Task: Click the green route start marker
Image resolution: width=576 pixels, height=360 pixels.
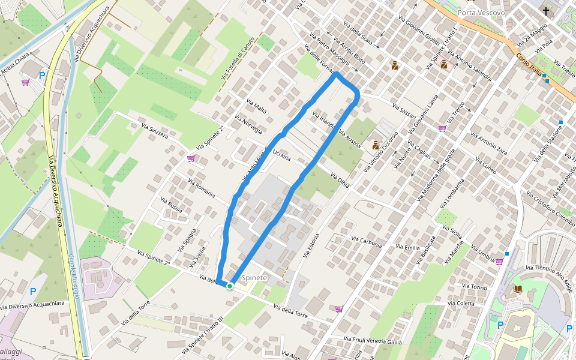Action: [x=230, y=286]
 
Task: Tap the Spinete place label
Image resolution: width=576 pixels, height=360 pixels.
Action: [x=254, y=278]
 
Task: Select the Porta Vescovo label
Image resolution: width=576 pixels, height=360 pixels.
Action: [x=481, y=13]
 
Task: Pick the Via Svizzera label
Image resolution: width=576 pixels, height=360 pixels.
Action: [x=155, y=131]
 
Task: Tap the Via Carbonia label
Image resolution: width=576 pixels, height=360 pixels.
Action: [x=367, y=241]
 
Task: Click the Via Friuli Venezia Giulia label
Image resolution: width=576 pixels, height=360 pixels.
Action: [x=373, y=341]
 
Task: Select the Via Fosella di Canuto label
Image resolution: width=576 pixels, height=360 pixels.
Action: [x=238, y=59]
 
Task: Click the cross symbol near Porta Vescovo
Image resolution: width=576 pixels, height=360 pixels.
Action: [x=546, y=11]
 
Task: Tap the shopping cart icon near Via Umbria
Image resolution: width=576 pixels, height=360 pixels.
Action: [x=499, y=262]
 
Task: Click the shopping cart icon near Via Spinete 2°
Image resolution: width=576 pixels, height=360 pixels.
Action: [x=191, y=158]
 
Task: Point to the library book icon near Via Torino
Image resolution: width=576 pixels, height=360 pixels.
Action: [x=517, y=289]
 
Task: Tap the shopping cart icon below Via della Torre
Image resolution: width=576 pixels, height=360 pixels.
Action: [x=339, y=309]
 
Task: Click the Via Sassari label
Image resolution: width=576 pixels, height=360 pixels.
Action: [x=404, y=110]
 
